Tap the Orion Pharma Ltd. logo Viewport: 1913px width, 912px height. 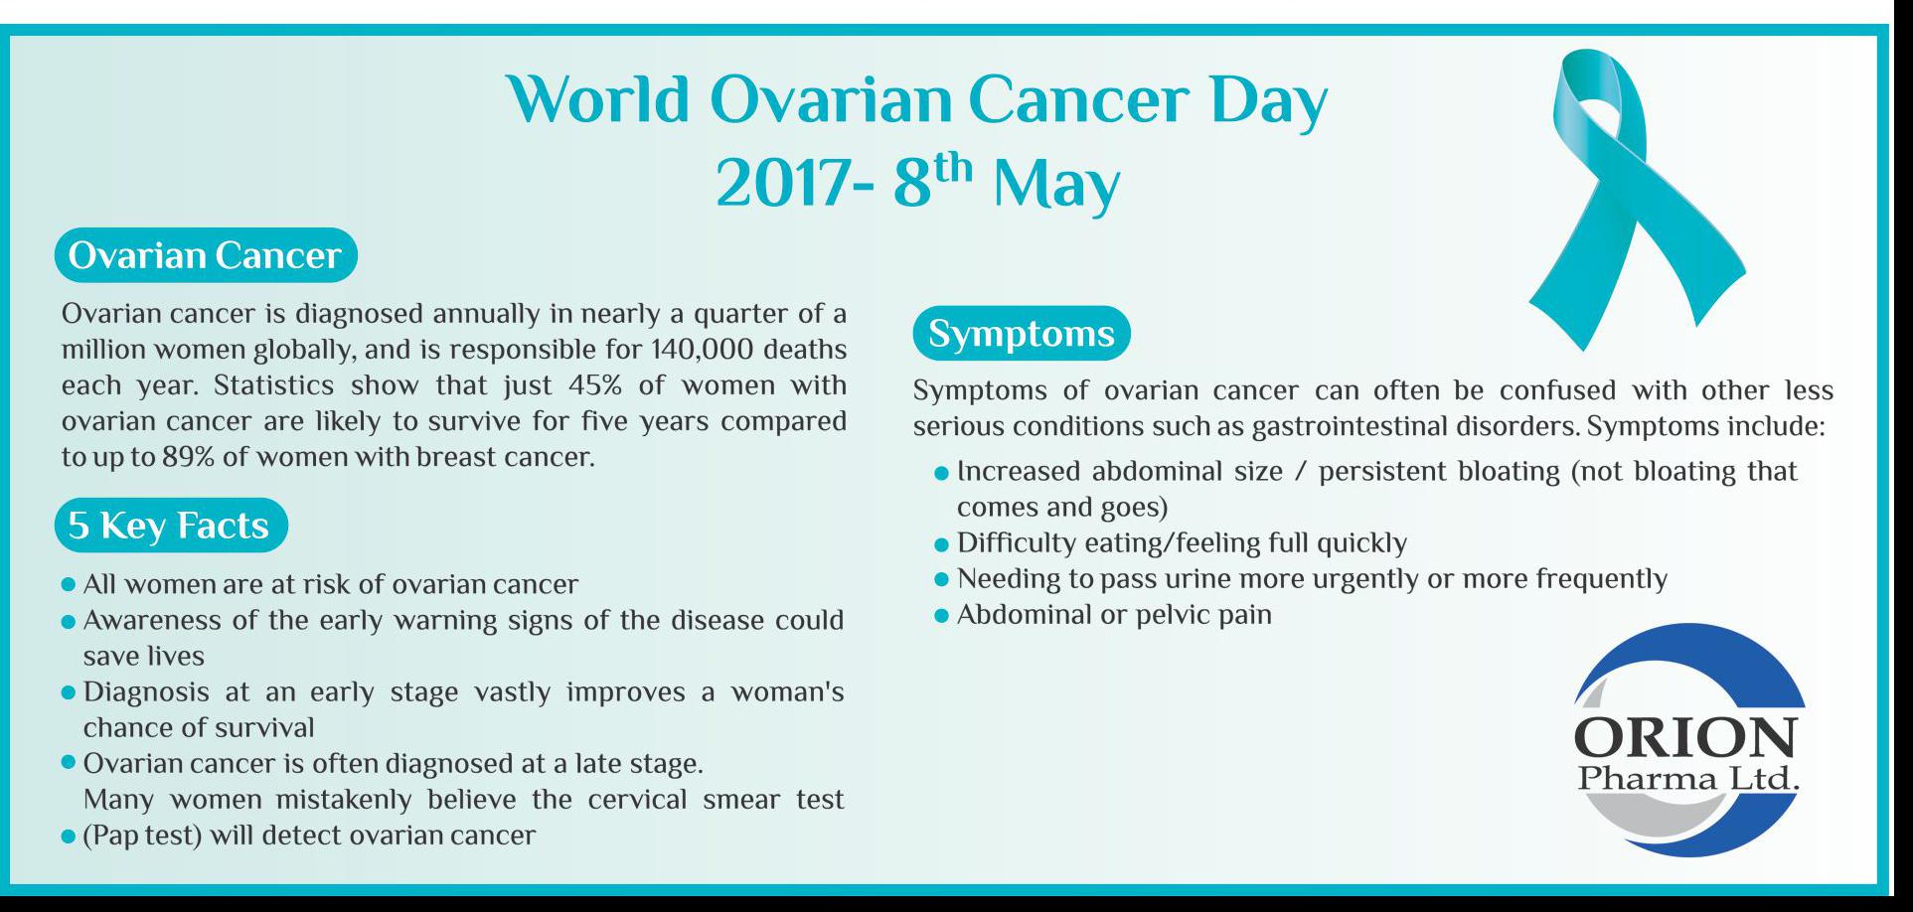click(1686, 740)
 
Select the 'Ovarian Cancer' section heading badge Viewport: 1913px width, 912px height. click(206, 255)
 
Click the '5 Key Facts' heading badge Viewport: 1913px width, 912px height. click(170, 525)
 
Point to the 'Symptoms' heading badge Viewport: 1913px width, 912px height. click(1022, 333)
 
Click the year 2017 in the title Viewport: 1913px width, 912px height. click(783, 184)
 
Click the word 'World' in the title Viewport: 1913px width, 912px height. click(598, 99)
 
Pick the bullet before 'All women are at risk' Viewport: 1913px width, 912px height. click(68, 584)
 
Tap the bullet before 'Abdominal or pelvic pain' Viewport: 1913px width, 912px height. click(942, 616)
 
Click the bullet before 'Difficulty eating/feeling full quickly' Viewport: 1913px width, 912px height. click(942, 544)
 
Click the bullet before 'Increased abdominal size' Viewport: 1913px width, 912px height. click(942, 473)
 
